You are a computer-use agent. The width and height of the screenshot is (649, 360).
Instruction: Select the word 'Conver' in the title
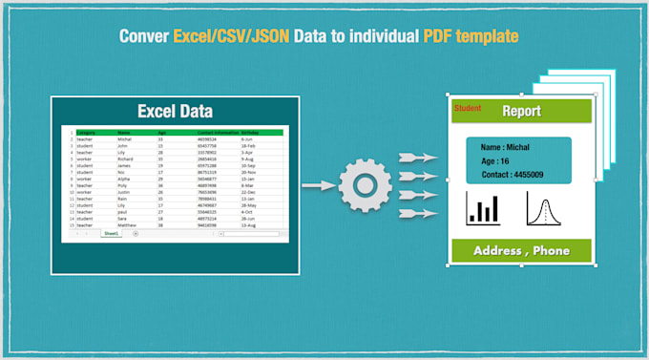[143, 37]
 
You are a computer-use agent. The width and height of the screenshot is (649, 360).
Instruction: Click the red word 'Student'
[468, 109]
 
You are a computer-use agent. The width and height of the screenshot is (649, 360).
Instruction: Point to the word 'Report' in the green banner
[521, 112]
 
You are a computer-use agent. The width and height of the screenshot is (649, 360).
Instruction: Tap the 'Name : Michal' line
[505, 148]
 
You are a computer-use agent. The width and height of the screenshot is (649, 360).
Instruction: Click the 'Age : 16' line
[496, 161]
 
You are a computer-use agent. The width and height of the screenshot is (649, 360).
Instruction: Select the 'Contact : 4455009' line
[513, 175]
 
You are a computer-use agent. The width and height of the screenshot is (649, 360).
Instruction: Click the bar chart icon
[484, 209]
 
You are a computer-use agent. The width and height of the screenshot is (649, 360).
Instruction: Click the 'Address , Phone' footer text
[521, 251]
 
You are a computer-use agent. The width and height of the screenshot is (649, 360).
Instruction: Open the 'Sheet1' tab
[111, 233]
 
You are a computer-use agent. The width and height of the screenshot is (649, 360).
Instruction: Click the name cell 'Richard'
[126, 159]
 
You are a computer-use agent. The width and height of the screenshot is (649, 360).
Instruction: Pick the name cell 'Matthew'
[128, 225]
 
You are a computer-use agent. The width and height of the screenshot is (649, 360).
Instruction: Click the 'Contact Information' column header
[216, 132]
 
